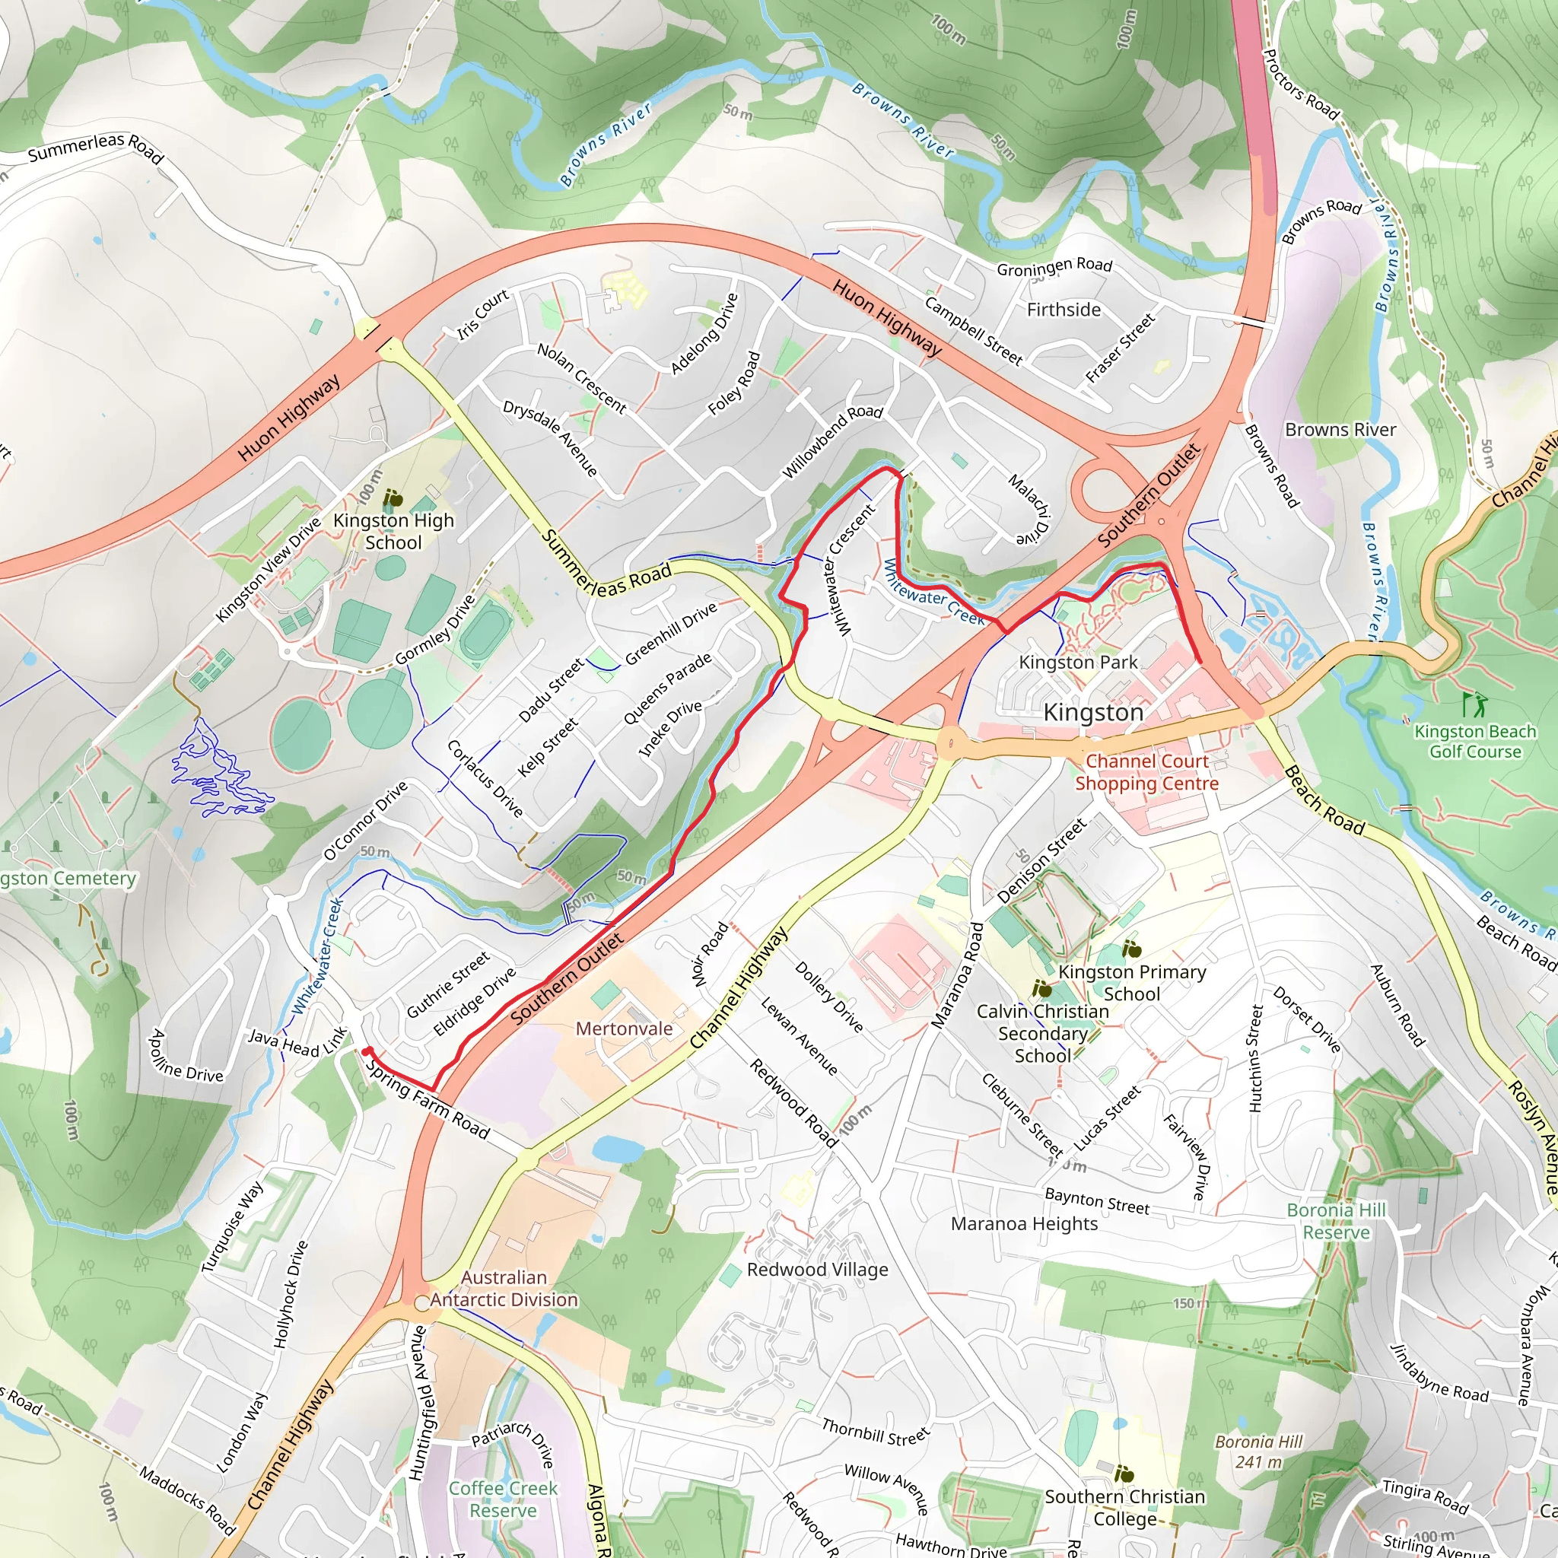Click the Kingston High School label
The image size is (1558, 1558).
click(x=393, y=532)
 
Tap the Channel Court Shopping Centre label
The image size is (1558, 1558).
click(x=1146, y=771)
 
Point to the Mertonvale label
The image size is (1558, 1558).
click(x=624, y=1029)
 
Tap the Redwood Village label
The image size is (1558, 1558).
click(x=817, y=1270)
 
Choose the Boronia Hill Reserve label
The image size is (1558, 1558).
click(x=1336, y=1221)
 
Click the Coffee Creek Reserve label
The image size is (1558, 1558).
click(x=503, y=1499)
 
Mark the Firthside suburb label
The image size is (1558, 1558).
click(x=1064, y=310)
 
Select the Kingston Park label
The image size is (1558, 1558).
click(x=1078, y=662)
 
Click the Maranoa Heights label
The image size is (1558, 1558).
click(x=1024, y=1223)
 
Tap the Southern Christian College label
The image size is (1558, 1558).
click(x=1125, y=1507)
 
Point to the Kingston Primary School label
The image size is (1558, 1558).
click(x=1132, y=982)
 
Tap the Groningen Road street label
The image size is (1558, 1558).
click(x=1054, y=266)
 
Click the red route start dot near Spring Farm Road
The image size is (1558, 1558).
click(x=366, y=1051)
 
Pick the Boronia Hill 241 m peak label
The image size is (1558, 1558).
click(x=1258, y=1451)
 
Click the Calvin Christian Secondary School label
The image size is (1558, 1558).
click(x=1043, y=1033)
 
